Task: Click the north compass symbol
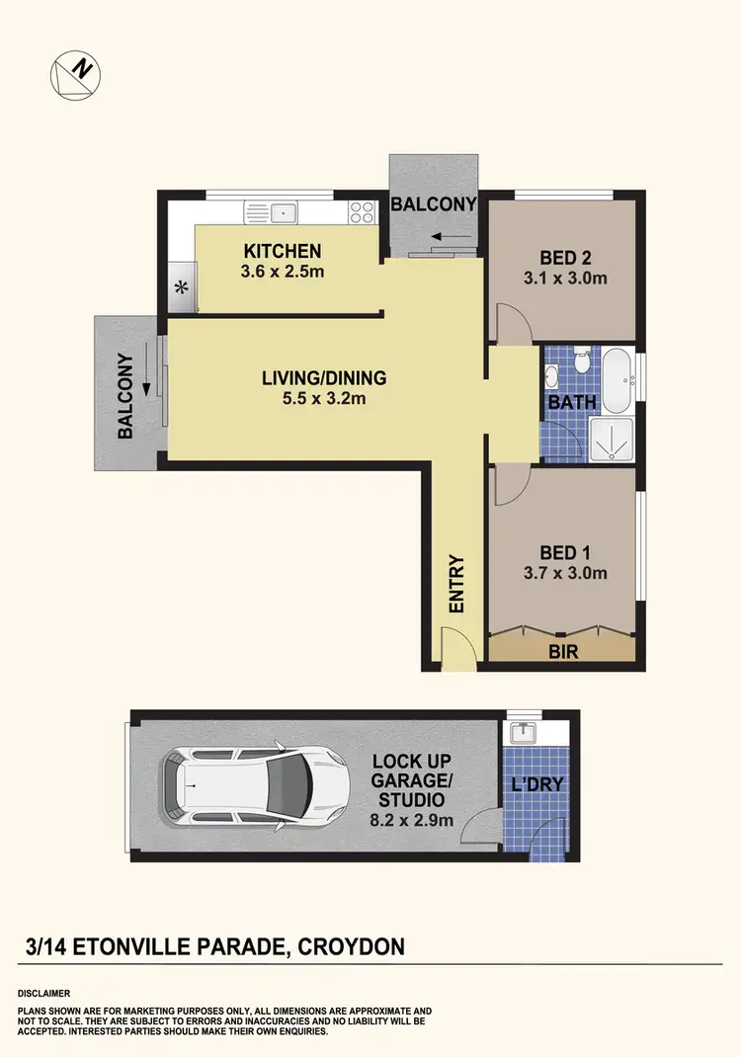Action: [x=75, y=73]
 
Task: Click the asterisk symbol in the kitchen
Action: [x=181, y=289]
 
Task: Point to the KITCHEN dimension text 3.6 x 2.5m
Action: [x=283, y=272]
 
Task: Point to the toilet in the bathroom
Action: [x=583, y=362]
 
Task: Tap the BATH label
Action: [x=572, y=402]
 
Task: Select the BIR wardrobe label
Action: [x=563, y=652]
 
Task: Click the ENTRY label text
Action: [x=456, y=585]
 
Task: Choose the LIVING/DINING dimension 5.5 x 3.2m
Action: [x=324, y=399]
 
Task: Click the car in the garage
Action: [x=257, y=787]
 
